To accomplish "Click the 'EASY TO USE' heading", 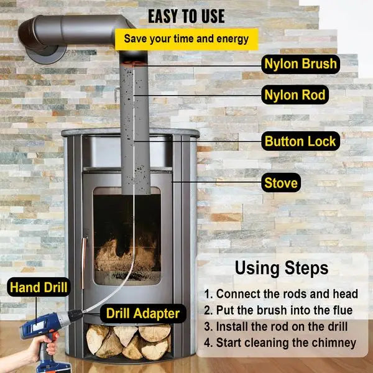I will pos(186,15).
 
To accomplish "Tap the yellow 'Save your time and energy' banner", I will pos(186,39).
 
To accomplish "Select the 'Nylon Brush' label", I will pos(300,64).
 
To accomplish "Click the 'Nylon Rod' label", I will pos(295,95).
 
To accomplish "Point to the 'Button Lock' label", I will pos(300,141).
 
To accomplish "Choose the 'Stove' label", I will pos(281,183).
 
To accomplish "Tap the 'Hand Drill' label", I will pos(39,287).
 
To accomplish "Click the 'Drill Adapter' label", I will pos(143,313).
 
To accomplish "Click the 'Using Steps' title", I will pos(281,269).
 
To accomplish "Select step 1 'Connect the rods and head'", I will pos(281,293).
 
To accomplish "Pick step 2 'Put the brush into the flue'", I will pos(278,310).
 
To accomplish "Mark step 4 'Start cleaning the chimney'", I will pos(280,343).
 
